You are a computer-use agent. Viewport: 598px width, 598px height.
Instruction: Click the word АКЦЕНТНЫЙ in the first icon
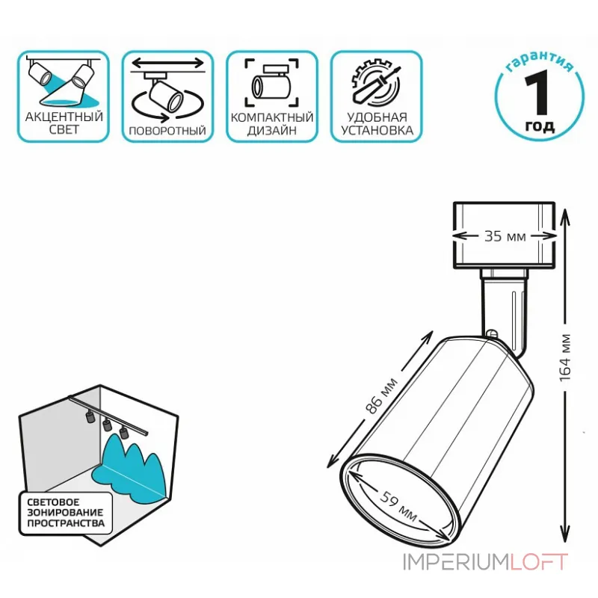pyautogui.click(x=64, y=117)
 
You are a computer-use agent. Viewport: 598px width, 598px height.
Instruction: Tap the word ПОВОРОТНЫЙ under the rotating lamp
pyautogui.click(x=167, y=131)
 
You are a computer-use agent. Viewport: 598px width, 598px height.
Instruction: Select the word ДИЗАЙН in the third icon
pyautogui.click(x=271, y=130)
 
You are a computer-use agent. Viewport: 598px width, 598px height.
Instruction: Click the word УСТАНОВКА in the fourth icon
pyautogui.click(x=377, y=130)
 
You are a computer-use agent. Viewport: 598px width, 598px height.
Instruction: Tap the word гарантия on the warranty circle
pyautogui.click(x=540, y=61)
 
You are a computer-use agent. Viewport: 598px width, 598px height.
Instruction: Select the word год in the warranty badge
pyautogui.click(x=540, y=126)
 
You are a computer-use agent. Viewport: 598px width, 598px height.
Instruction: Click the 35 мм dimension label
pyautogui.click(x=505, y=236)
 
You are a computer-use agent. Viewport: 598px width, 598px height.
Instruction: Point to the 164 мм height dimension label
pyautogui.click(x=565, y=357)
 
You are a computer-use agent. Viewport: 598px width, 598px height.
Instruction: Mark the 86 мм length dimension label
pyautogui.click(x=380, y=396)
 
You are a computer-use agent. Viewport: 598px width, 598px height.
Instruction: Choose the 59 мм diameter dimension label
pyautogui.click(x=398, y=505)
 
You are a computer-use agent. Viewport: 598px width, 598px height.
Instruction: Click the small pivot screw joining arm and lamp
pyautogui.click(x=492, y=334)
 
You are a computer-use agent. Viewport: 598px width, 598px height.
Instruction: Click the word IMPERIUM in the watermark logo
pyautogui.click(x=456, y=562)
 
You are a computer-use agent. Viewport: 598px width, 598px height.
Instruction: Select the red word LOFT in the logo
pyautogui.click(x=539, y=562)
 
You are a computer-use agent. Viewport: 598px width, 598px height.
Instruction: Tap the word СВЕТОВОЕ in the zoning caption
pyautogui.click(x=53, y=502)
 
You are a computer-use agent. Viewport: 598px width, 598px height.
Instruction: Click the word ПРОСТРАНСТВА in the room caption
pyautogui.click(x=66, y=523)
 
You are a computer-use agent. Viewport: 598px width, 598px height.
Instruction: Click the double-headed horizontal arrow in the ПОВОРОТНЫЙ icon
pyautogui.click(x=167, y=62)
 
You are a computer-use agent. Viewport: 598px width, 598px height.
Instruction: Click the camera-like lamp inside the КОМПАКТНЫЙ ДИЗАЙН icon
pyautogui.click(x=271, y=82)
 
